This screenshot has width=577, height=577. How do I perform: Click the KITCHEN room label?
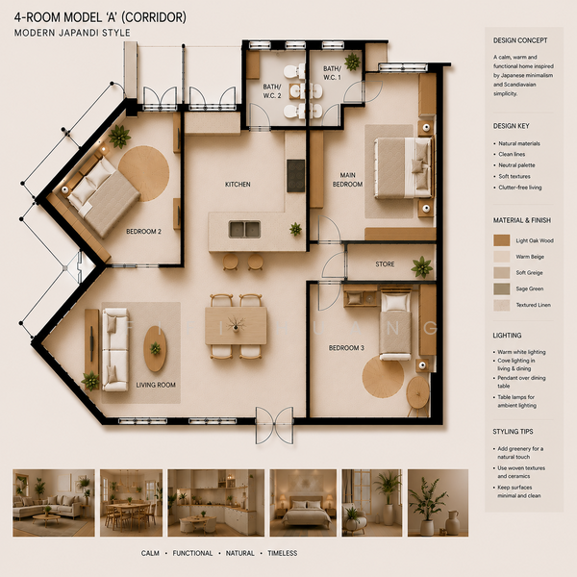pos(238,185)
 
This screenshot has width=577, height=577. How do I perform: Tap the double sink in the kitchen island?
pos(244,229)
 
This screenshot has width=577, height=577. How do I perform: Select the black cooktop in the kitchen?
pos(296,176)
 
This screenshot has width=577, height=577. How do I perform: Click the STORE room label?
pos(385,264)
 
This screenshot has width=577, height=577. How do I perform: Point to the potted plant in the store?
pos(422,266)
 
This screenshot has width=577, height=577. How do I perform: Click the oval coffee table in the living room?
pos(155,349)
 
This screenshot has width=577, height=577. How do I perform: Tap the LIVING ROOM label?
pos(156,385)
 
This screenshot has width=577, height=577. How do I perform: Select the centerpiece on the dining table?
pos(236,324)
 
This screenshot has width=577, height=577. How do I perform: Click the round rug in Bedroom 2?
pos(144,173)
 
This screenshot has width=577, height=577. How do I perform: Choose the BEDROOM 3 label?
pos(346,348)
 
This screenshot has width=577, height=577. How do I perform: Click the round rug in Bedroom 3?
pos(383,377)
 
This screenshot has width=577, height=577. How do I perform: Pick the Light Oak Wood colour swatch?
pos(502,240)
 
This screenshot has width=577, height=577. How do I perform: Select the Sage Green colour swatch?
pos(502,288)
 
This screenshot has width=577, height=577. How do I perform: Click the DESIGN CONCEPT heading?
pos(520,40)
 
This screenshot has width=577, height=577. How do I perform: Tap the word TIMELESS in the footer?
pos(283,553)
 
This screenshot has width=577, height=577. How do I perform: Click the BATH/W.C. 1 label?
pos(332,73)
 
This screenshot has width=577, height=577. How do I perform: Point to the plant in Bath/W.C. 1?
pos(352,62)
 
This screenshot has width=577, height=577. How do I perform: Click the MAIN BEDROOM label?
pos(348,180)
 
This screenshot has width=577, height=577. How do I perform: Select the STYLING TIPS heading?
pos(513,432)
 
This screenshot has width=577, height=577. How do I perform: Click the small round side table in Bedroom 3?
pos(418,392)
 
